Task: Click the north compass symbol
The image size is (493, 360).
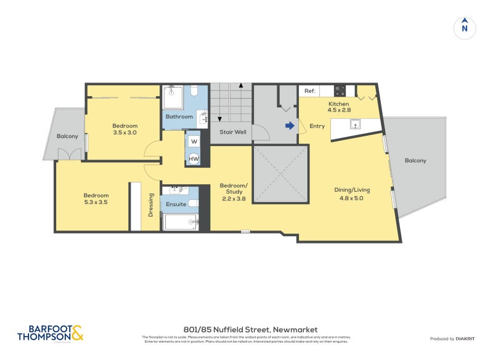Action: pos(465,28)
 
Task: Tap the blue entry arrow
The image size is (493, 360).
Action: pos(290,126)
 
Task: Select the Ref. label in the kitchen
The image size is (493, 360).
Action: pos(310,91)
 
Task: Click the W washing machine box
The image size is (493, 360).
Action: pos(194,141)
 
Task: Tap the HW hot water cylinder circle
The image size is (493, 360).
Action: pos(194,158)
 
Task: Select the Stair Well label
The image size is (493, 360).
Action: pos(233,131)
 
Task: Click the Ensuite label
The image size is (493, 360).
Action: pos(176,204)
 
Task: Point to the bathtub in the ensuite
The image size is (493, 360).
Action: pos(180,222)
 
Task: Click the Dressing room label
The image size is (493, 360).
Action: pos(151,205)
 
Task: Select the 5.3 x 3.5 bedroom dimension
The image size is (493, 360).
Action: pos(96,202)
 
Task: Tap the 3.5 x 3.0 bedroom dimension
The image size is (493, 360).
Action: pos(124,132)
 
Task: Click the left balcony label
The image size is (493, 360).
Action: pos(67,136)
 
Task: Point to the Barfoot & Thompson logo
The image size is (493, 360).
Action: pos(50,333)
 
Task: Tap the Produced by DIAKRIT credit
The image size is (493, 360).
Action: pos(454,339)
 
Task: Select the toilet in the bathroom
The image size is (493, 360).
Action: pos(194,93)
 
